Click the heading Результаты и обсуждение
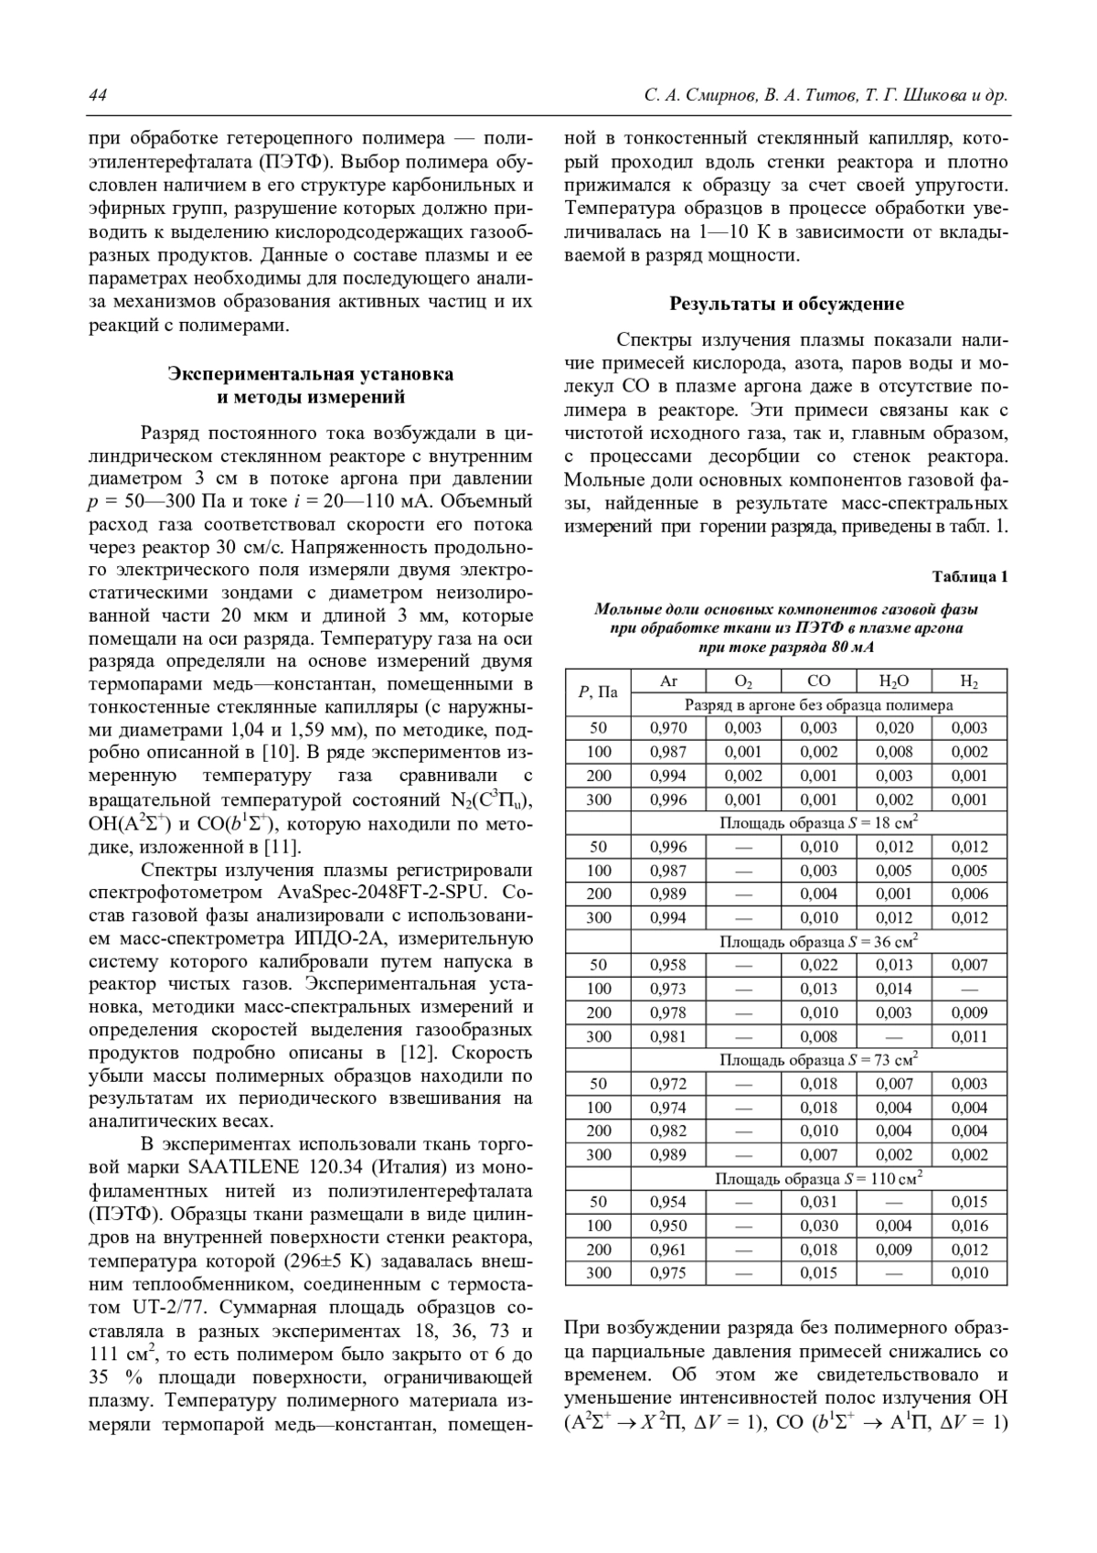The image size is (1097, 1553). tap(786, 304)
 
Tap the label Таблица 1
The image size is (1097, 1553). tap(969, 576)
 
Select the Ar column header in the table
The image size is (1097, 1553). tap(668, 681)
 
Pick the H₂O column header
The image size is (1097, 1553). tap(893, 681)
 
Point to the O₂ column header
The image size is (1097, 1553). tap(743, 681)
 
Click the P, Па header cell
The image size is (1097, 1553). tap(598, 692)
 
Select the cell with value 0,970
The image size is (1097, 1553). tap(668, 728)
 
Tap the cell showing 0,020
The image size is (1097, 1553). tap(893, 728)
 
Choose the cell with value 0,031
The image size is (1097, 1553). tap(818, 1202)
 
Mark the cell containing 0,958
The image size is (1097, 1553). tap(668, 965)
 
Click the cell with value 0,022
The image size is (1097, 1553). tap(818, 965)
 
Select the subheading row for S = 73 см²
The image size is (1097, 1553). tap(818, 1060)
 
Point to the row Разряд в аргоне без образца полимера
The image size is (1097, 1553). tap(818, 705)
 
